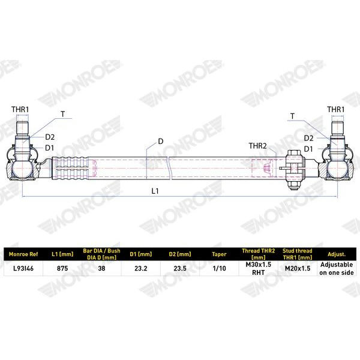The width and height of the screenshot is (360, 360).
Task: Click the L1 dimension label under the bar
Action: click(x=155, y=191)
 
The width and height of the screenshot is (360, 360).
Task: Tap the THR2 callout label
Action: click(x=257, y=146)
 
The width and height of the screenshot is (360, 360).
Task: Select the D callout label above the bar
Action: click(x=161, y=142)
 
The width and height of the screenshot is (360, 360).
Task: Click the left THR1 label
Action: click(x=20, y=110)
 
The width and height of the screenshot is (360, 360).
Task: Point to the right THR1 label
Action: click(x=335, y=110)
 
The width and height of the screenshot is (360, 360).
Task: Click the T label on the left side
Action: click(x=62, y=114)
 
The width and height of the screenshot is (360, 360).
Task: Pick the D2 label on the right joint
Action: click(x=308, y=138)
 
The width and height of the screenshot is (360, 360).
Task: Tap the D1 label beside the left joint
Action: click(x=49, y=148)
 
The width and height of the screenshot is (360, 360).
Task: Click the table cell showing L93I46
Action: click(x=23, y=268)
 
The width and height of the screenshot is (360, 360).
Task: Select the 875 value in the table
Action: click(x=62, y=268)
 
